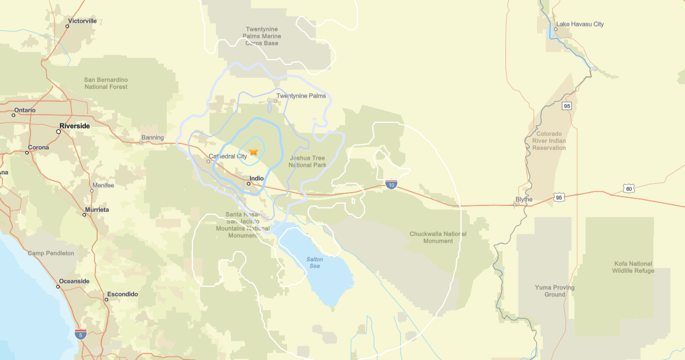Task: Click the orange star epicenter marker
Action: pos(253,152)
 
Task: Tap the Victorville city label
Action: pos(82,21)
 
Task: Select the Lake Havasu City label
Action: pos(580,25)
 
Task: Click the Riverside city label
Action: pos(75,126)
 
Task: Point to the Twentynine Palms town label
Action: pos(301,96)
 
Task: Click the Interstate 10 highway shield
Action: pos(391,185)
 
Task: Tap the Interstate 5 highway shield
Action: pos(81,334)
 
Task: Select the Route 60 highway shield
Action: pos(629,188)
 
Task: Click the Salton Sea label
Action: pos(315,263)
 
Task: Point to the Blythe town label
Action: pos(524,200)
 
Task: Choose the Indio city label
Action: pos(256,179)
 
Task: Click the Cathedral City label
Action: pos(228,156)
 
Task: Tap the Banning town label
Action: pos(150,138)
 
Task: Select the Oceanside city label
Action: pos(74,282)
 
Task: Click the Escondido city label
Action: pos(122,294)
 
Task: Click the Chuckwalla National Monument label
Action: pos(438,238)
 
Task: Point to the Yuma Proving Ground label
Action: pos(555,291)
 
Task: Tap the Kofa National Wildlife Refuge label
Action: pos(633,267)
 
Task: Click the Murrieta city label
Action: pos(97,210)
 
